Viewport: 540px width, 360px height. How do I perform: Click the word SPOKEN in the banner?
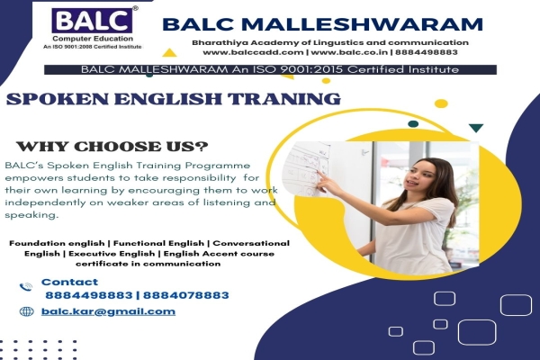pos(55,98)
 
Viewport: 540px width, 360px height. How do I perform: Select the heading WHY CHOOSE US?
pos(112,147)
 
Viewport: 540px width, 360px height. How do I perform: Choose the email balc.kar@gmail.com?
pos(109,311)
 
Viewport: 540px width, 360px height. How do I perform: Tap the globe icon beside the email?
pos(25,311)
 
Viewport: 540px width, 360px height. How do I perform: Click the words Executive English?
pos(112,254)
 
